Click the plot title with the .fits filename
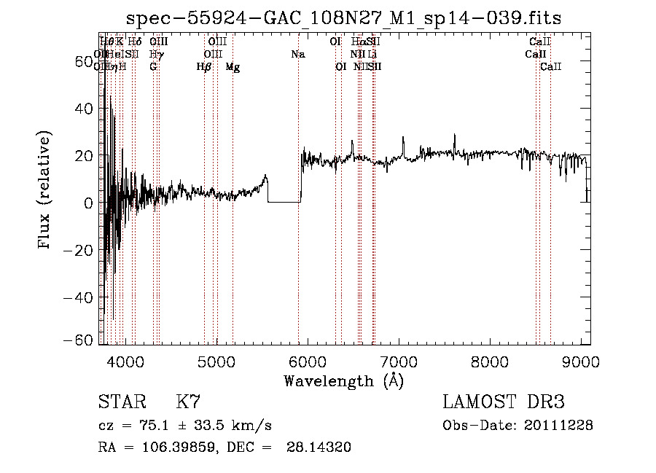coord(343,18)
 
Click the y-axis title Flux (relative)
coord(45,191)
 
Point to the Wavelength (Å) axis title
coord(343,380)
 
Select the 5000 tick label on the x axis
coord(216,361)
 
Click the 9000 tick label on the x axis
coord(581,361)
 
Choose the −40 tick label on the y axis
coord(79,297)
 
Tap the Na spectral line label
coord(297,54)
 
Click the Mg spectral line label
coord(233,67)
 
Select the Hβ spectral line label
coord(204,67)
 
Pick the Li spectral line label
coord(372,54)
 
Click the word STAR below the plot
coord(117,402)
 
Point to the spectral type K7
coord(188,402)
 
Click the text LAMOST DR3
coord(504,402)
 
